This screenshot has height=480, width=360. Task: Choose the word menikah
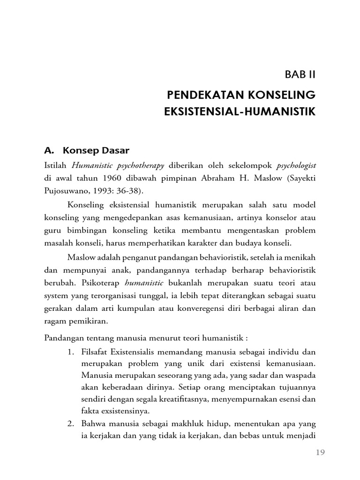[301, 257]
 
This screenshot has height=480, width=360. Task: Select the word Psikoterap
[102, 283]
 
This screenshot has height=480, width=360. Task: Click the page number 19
[320, 452]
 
